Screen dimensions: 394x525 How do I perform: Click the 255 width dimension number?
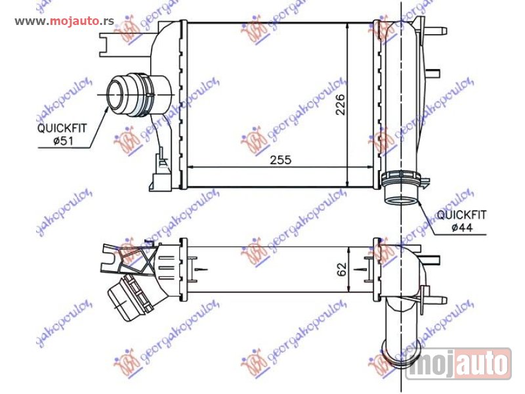(x=279, y=160)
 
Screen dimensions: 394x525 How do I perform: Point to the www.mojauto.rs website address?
(x=64, y=21)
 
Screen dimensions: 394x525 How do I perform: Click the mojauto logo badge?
(x=458, y=363)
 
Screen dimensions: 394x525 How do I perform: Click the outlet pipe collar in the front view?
(x=401, y=178)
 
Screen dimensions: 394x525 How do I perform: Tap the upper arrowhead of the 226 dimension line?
(x=347, y=27)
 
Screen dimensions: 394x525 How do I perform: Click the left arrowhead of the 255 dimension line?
(x=192, y=167)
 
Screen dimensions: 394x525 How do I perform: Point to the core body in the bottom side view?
(x=276, y=269)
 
